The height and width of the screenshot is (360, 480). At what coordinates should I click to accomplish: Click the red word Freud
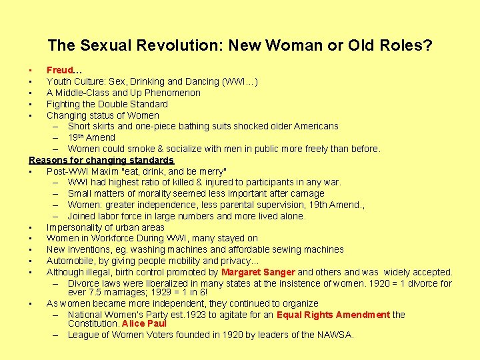click(x=60, y=70)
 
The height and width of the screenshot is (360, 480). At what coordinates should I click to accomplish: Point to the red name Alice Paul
click(x=144, y=323)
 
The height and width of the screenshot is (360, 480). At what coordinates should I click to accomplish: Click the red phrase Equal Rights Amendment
click(x=333, y=315)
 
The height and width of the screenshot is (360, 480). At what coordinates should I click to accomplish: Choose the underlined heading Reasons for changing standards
click(x=101, y=160)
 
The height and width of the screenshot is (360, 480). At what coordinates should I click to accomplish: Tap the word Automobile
click(x=70, y=261)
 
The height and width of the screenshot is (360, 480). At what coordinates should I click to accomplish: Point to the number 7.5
click(x=96, y=292)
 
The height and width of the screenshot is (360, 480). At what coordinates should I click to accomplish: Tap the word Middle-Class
click(x=82, y=93)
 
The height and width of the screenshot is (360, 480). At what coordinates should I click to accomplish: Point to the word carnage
click(x=305, y=193)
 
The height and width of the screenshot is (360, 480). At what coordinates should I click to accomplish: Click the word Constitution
click(x=93, y=323)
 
